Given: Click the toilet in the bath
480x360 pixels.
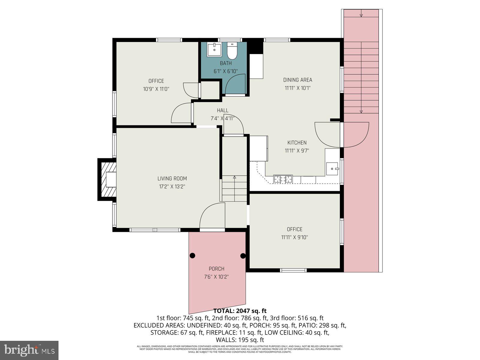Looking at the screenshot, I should click(x=232, y=52).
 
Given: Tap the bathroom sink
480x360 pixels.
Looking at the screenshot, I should click(x=214, y=49).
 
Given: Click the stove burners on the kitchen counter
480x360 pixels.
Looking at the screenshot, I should click(x=283, y=179).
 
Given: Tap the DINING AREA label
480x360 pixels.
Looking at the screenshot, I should click(x=298, y=80).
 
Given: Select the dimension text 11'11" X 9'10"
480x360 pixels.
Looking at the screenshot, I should click(x=294, y=237).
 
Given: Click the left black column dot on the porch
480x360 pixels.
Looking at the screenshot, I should click(x=192, y=256).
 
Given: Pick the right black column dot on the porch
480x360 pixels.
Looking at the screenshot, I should click(x=243, y=256).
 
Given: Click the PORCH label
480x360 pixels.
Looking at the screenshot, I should click(x=216, y=269).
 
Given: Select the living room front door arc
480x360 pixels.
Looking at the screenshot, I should click(x=211, y=214).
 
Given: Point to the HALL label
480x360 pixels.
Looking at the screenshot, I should click(x=223, y=110).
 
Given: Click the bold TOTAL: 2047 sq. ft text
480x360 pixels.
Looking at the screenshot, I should click(x=240, y=311).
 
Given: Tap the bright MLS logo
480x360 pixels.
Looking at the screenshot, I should click(x=29, y=350).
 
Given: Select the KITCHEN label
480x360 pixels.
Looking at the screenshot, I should click(x=297, y=143).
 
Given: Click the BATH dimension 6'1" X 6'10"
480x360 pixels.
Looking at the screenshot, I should click(x=226, y=71).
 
